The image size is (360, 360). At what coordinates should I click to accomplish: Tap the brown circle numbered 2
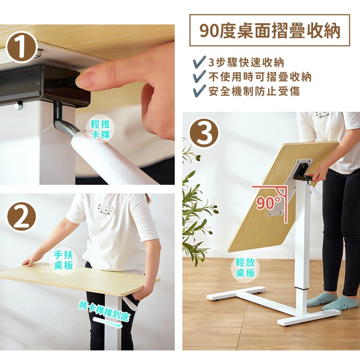(x=21, y=217)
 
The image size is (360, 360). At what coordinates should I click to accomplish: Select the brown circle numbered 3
(x=204, y=132)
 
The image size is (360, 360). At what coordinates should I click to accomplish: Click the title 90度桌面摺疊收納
(x=270, y=31)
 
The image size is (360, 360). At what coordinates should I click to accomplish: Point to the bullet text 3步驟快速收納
(x=246, y=62)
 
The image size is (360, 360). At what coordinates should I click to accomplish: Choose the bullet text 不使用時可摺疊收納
(x=260, y=77)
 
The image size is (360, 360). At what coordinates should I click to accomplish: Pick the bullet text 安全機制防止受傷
(x=254, y=91)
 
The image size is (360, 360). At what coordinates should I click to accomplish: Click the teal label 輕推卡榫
(x=100, y=129)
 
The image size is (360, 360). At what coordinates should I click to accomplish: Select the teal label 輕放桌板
(x=245, y=268)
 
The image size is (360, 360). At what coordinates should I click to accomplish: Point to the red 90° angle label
(x=268, y=203)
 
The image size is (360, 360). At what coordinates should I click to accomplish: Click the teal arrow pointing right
(x=107, y=323)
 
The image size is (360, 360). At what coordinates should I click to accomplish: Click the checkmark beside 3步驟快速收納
(x=199, y=62)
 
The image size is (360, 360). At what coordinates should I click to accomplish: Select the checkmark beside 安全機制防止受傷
(x=199, y=90)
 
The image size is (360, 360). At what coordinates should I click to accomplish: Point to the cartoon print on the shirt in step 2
(x=106, y=208)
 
